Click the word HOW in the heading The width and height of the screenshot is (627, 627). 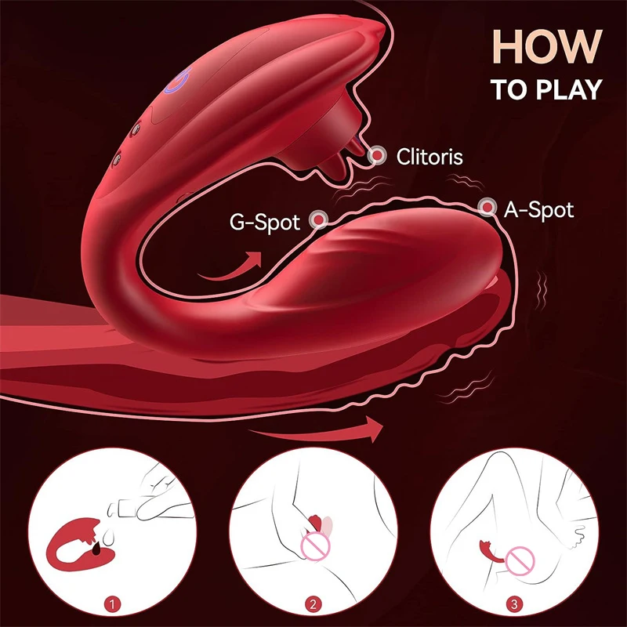(547, 46)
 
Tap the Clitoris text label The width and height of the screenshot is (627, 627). (429, 156)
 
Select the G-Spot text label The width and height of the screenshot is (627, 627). (264, 223)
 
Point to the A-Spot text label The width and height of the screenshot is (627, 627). (538, 209)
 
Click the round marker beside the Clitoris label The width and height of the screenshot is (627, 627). (377, 155)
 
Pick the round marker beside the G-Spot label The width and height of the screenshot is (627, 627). (319, 219)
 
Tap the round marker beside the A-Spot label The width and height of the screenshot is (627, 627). (487, 207)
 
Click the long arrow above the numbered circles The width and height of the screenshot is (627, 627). (316, 430)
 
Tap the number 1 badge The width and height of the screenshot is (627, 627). (112, 603)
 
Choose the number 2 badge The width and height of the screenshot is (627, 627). (313, 603)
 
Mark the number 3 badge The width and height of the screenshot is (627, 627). (514, 603)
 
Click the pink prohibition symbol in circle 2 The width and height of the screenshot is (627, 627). (315, 545)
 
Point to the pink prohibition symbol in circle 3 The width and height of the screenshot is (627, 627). (520, 561)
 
